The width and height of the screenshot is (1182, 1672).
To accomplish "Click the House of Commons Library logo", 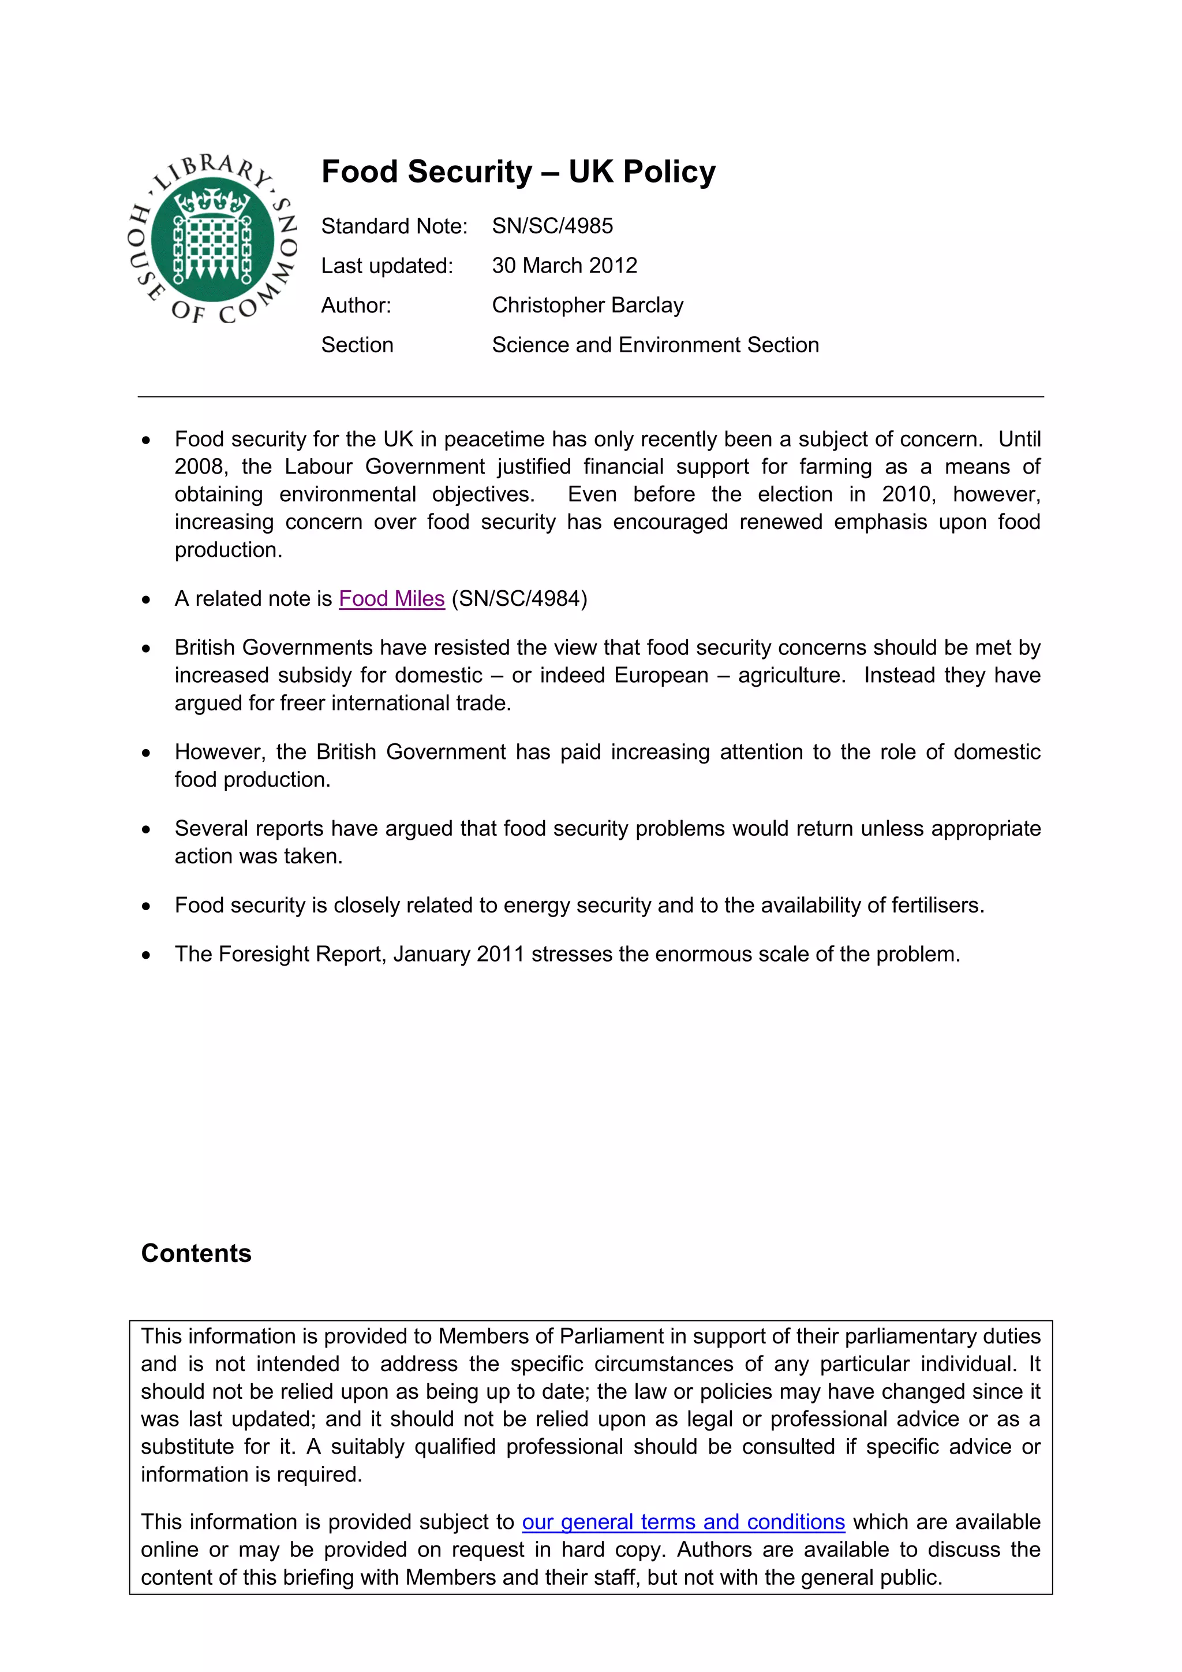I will (212, 239).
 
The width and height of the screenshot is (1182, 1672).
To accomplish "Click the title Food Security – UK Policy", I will (518, 173).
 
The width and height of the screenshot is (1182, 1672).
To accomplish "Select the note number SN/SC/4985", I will (552, 226).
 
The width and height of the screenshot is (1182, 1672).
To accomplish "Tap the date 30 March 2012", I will (564, 266).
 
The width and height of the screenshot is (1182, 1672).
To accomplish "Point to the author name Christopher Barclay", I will (588, 305).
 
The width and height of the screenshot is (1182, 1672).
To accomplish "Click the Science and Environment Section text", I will (655, 345).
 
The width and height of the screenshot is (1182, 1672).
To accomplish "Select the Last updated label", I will (387, 266).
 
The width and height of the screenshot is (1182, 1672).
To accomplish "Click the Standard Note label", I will (394, 226).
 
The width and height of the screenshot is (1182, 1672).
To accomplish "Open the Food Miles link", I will (391, 598).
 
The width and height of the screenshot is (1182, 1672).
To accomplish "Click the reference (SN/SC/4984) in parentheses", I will (519, 598).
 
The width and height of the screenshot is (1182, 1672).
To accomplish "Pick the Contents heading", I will (196, 1253).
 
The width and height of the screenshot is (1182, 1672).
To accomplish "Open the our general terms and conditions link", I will (683, 1522).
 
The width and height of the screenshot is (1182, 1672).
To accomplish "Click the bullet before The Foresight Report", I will (146, 955).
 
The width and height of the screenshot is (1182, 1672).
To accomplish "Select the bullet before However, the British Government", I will (146, 752).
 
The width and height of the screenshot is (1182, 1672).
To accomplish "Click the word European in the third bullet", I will (661, 676).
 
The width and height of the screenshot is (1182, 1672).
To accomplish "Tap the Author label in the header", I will (356, 305).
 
